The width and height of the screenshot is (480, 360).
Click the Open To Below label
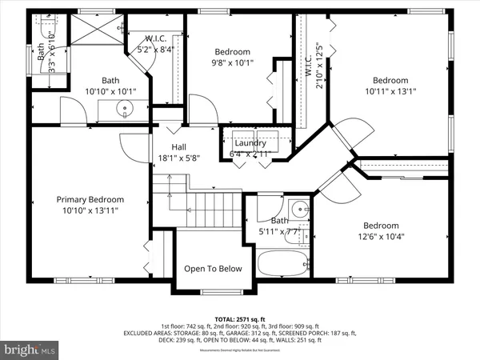click(x=213, y=269)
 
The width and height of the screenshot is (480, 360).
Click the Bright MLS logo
click(x=30, y=349)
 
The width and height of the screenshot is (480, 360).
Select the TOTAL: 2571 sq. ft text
click(x=240, y=318)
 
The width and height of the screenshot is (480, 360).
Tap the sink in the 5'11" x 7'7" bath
click(x=298, y=210)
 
